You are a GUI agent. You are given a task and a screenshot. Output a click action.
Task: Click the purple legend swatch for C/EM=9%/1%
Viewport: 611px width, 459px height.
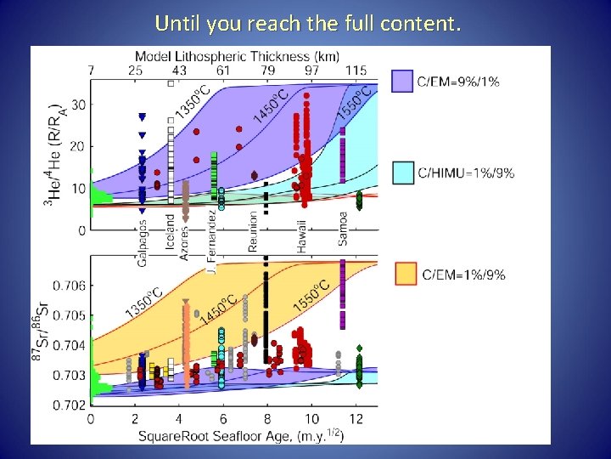(401, 82)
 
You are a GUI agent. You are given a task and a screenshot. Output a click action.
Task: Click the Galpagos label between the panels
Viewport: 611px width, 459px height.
(143, 241)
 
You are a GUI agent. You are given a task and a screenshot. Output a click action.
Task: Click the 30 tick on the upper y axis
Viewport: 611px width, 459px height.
(78, 105)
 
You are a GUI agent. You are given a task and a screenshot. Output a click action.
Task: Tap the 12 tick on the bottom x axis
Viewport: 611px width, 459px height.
(357, 419)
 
